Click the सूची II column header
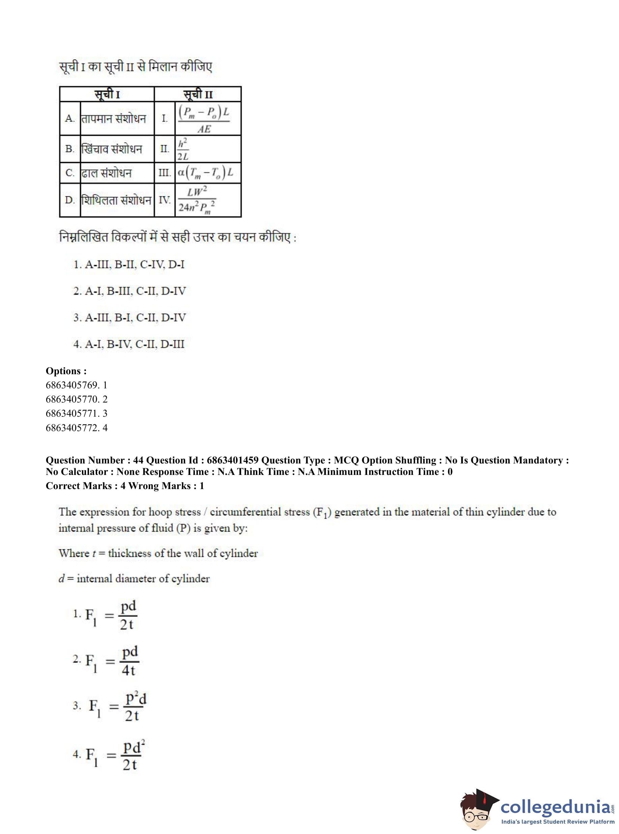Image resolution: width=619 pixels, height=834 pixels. coord(198,94)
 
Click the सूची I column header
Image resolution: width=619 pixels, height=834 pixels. coord(107,94)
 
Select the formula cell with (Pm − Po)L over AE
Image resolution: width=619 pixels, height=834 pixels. coord(204,118)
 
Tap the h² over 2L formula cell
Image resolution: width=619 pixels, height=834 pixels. coord(183,149)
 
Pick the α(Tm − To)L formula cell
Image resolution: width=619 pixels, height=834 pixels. coord(205,172)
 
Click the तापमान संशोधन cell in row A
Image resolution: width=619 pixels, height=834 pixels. coord(114,119)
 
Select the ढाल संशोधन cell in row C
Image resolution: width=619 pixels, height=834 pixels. coord(107,173)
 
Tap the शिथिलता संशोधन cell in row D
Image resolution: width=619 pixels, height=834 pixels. coord(117,200)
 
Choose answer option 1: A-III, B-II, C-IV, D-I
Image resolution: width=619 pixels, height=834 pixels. coord(129,265)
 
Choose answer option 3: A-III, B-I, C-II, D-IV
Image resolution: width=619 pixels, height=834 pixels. coord(130,318)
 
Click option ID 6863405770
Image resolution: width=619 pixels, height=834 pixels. coord(73,399)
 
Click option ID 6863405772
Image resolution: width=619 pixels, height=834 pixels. coord(73,427)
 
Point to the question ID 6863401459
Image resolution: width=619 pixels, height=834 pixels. coord(232,460)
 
